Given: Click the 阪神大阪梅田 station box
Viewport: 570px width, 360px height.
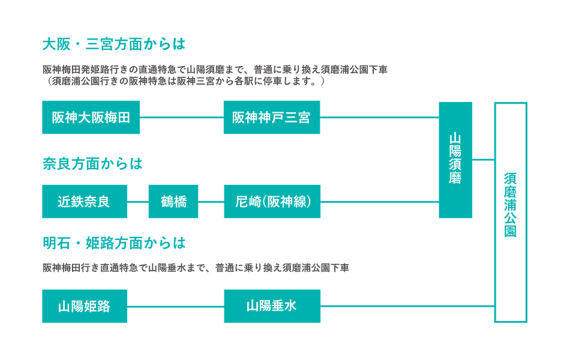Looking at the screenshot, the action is (x=91, y=117).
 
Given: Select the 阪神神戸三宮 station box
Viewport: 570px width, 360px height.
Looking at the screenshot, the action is (x=272, y=117).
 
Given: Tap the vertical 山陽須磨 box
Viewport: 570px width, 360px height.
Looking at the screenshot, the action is (x=455, y=160).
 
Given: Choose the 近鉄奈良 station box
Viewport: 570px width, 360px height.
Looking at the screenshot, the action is (x=85, y=202).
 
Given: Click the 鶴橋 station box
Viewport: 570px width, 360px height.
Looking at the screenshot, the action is (x=173, y=202).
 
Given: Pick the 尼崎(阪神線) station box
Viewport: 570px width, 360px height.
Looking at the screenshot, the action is (x=272, y=202).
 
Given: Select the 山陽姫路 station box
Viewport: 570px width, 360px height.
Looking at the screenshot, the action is (x=85, y=306).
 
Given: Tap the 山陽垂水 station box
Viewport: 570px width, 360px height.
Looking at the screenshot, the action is (x=272, y=306).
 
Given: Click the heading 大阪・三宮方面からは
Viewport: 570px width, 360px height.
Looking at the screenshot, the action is (x=114, y=44).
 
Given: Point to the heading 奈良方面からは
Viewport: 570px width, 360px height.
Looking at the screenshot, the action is (x=92, y=164).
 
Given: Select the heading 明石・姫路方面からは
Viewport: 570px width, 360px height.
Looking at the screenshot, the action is (x=114, y=243).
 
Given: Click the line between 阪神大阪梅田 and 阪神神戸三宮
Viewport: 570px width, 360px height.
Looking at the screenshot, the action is (x=182, y=117).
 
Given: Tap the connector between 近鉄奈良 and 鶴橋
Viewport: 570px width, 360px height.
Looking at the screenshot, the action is (x=138, y=202).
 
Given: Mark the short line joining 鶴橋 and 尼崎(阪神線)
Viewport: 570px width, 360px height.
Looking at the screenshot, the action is (x=211, y=202).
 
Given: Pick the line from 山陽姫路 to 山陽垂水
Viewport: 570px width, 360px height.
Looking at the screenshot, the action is (x=176, y=306).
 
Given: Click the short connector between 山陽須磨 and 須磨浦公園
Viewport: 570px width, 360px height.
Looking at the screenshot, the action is (x=483, y=159).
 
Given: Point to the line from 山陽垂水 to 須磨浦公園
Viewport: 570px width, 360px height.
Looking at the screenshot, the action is (x=407, y=306).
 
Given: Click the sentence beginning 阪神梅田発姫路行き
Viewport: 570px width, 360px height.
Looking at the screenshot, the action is (x=215, y=70).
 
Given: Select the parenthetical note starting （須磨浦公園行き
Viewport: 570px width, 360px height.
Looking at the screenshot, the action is (x=184, y=81).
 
